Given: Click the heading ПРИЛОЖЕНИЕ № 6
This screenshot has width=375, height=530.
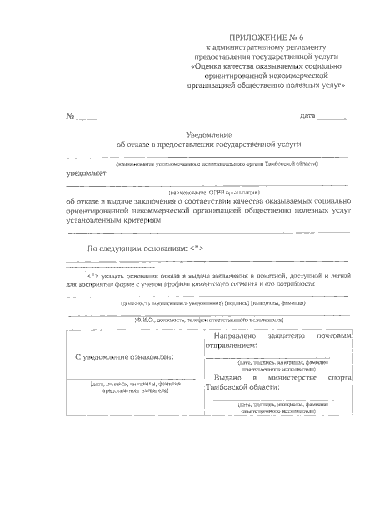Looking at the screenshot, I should pyautogui.click(x=266, y=38).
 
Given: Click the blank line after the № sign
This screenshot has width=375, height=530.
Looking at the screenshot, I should pyautogui.click(x=87, y=119).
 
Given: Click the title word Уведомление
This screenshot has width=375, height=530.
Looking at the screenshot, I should pyautogui.click(x=209, y=135).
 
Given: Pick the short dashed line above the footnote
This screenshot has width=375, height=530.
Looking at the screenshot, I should pyautogui.click(x=111, y=268).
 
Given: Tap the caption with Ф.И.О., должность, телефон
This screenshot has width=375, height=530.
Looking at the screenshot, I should pyautogui.click(x=209, y=320).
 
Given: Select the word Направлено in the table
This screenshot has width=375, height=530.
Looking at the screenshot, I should pyautogui.click(x=235, y=336).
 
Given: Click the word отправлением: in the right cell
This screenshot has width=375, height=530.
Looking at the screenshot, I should pyautogui.click(x=231, y=346).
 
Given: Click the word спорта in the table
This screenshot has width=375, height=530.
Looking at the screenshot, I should pyautogui.click(x=339, y=378).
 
